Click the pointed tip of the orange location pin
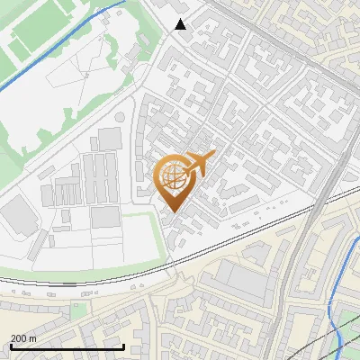point(171,212)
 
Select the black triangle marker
point(181,24)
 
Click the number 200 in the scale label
point(19,338)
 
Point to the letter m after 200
point(32,338)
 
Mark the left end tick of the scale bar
point(10,346)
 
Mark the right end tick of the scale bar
point(123,346)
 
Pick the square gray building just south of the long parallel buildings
point(104,217)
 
